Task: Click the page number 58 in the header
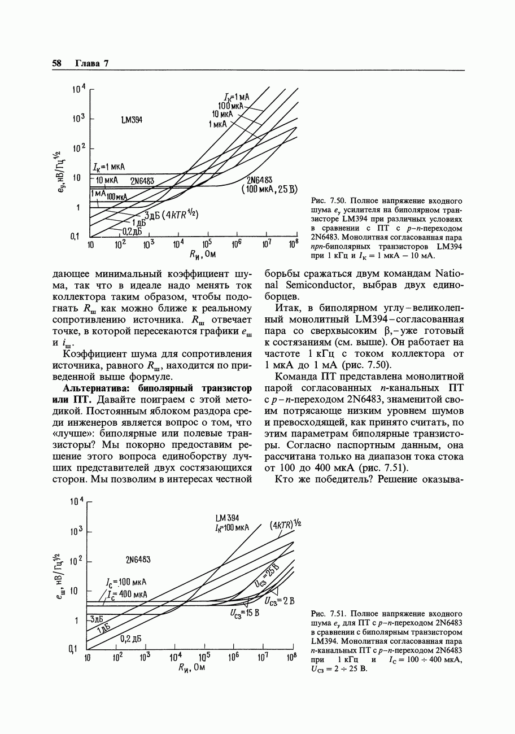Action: coord(56,63)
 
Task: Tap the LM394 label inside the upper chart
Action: coord(132,120)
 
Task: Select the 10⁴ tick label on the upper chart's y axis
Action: coord(78,89)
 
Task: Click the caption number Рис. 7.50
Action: coord(328,201)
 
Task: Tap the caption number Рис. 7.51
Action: coord(328,613)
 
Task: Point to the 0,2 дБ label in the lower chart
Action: coord(130,639)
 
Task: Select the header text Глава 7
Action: coord(91,63)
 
